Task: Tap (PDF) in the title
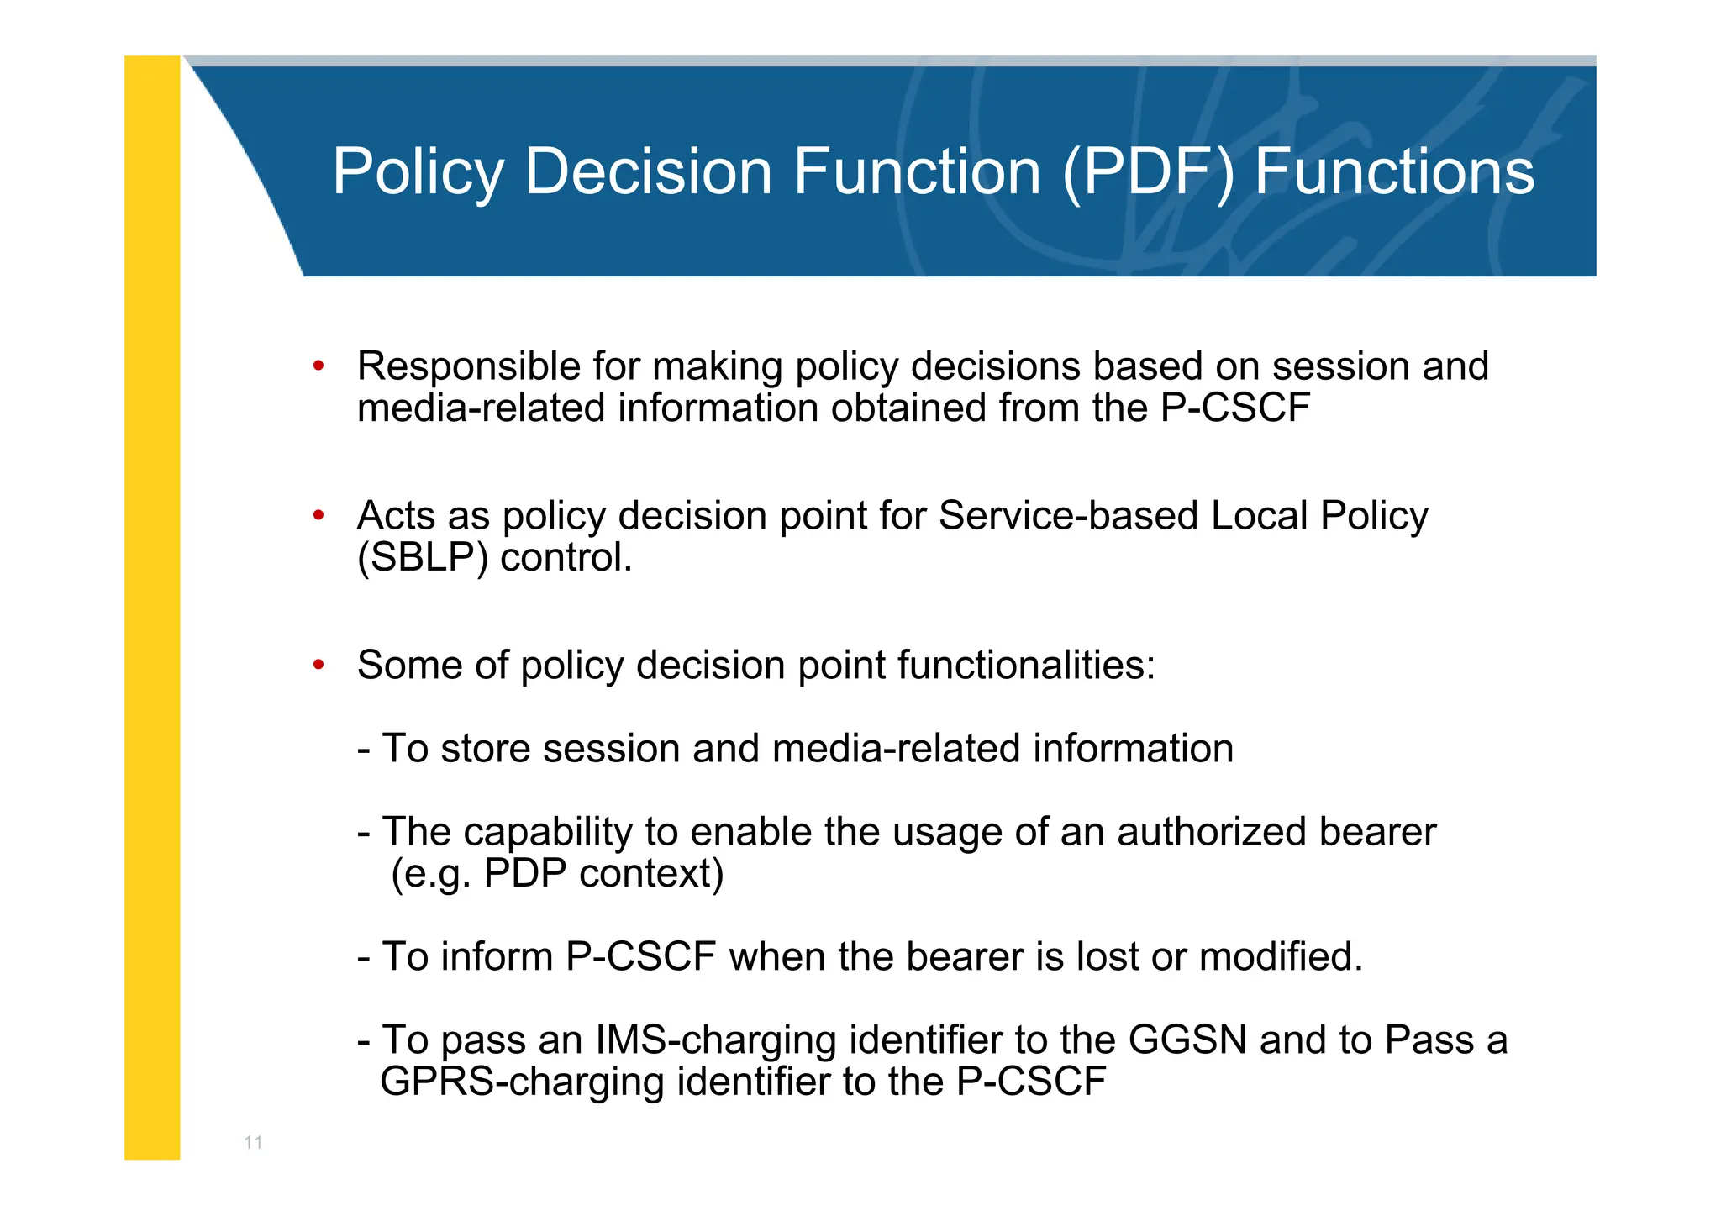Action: [1149, 172]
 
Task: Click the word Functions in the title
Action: [1394, 172]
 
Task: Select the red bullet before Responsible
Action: [318, 366]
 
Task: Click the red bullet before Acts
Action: [318, 515]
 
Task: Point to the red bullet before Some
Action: [318, 666]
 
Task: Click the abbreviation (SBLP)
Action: [422, 558]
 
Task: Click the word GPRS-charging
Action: [522, 1082]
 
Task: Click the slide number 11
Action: [253, 1143]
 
